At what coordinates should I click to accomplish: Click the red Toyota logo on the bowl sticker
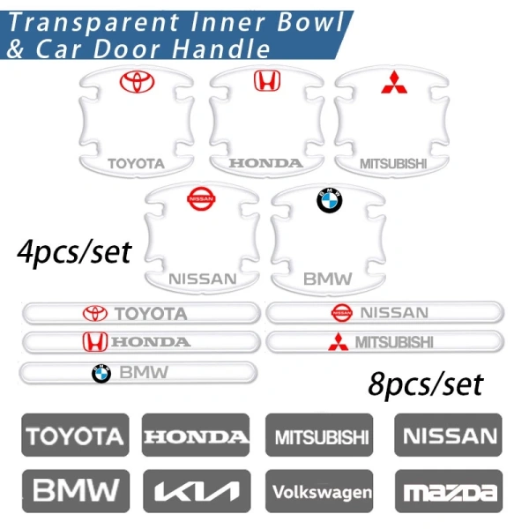coord(137,82)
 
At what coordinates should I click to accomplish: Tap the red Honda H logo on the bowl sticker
coord(267,80)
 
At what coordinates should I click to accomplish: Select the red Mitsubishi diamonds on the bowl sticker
coord(394,82)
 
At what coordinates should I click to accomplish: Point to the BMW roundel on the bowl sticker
coord(329,200)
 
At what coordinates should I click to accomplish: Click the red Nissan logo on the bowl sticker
coord(201,198)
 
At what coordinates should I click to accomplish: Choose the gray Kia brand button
coord(197,491)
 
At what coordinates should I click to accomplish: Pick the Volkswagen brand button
coord(319,491)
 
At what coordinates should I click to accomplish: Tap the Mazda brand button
coord(449,491)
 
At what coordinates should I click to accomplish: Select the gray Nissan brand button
coord(448,436)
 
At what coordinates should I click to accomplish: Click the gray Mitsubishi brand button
coord(319,436)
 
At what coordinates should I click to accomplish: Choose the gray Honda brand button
coord(196,436)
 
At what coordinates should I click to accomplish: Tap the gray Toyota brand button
coord(75,436)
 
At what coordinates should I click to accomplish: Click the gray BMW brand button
coord(76,491)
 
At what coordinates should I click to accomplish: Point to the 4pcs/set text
coord(74,253)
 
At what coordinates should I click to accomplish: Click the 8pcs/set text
coord(426,385)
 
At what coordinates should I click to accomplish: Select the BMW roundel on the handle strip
coord(101,374)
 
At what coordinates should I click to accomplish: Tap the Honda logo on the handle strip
coord(95,341)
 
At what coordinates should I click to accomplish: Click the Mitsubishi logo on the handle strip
coord(338,342)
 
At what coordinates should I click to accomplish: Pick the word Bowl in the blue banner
coord(309,22)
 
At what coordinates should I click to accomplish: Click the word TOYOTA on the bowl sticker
coord(137,164)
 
